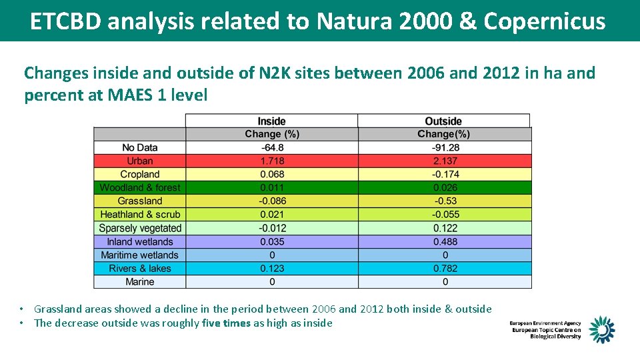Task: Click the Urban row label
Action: click(139, 161)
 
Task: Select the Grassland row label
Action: click(139, 201)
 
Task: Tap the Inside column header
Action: click(271, 121)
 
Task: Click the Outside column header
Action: click(443, 121)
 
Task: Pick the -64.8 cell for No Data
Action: click(271, 147)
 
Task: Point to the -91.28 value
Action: click(445, 147)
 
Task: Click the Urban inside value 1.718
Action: click(271, 161)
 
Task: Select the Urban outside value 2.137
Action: click(445, 161)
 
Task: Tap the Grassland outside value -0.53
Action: click(445, 201)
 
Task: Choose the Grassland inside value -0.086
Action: click(271, 201)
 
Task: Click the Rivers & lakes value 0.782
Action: click(445, 268)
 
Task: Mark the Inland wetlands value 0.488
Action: click(445, 241)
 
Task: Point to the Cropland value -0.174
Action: click(445, 174)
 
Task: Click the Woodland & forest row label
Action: click(139, 187)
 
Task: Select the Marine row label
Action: click(139, 281)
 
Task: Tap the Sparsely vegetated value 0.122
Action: click(445, 228)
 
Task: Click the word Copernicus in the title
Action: click(545, 21)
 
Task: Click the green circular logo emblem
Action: click(601, 329)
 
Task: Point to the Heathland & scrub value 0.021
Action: click(271, 214)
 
